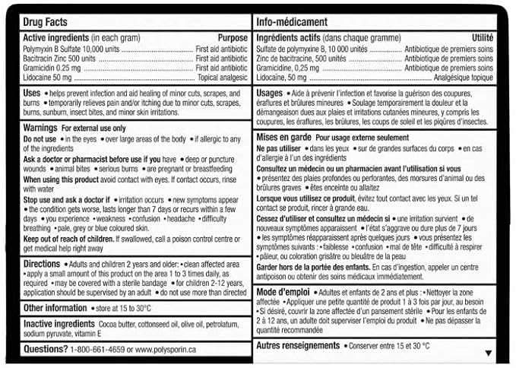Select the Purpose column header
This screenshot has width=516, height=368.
[x=233, y=38]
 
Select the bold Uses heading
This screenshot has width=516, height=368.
[x=32, y=93]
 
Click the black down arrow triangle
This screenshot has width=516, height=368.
[x=489, y=354]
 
